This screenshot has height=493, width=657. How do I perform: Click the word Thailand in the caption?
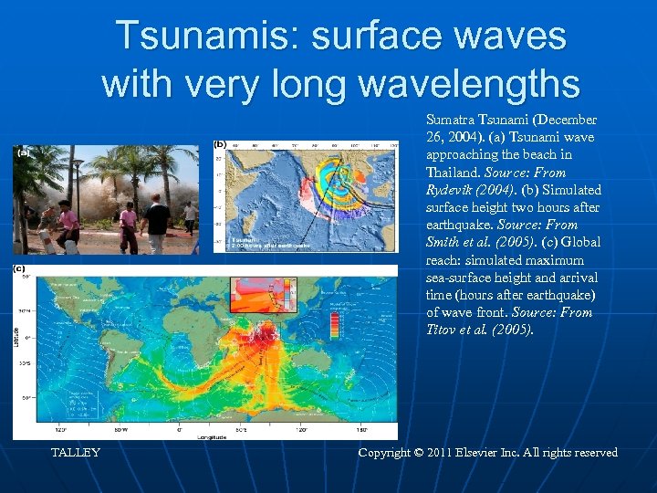[454, 173]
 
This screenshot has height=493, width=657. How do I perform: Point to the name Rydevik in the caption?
[452, 190]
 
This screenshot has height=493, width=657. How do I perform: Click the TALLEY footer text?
[76, 453]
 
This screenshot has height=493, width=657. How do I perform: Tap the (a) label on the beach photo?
[23, 153]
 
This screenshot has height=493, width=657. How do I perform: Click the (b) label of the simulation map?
[220, 144]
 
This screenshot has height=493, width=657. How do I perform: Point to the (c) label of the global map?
[19, 268]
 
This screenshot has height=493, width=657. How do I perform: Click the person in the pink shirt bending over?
[65, 225]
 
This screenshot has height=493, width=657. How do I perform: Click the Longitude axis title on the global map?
[208, 437]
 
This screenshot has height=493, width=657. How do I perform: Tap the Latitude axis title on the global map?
[16, 338]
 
